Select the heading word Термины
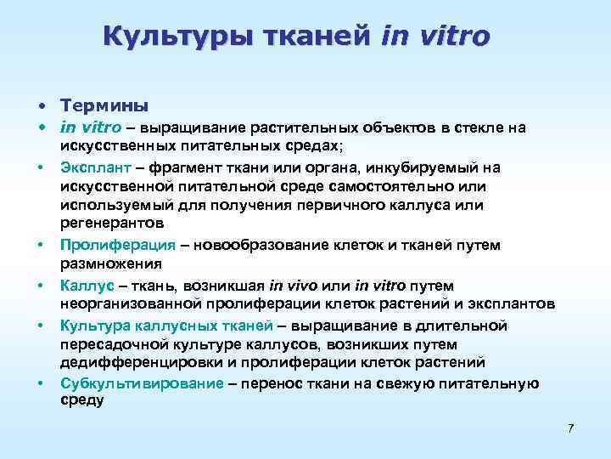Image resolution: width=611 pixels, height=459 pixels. click(x=104, y=106)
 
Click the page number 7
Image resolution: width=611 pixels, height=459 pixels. click(x=570, y=427)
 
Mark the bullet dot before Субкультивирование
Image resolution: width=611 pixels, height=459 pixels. click(x=41, y=383)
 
